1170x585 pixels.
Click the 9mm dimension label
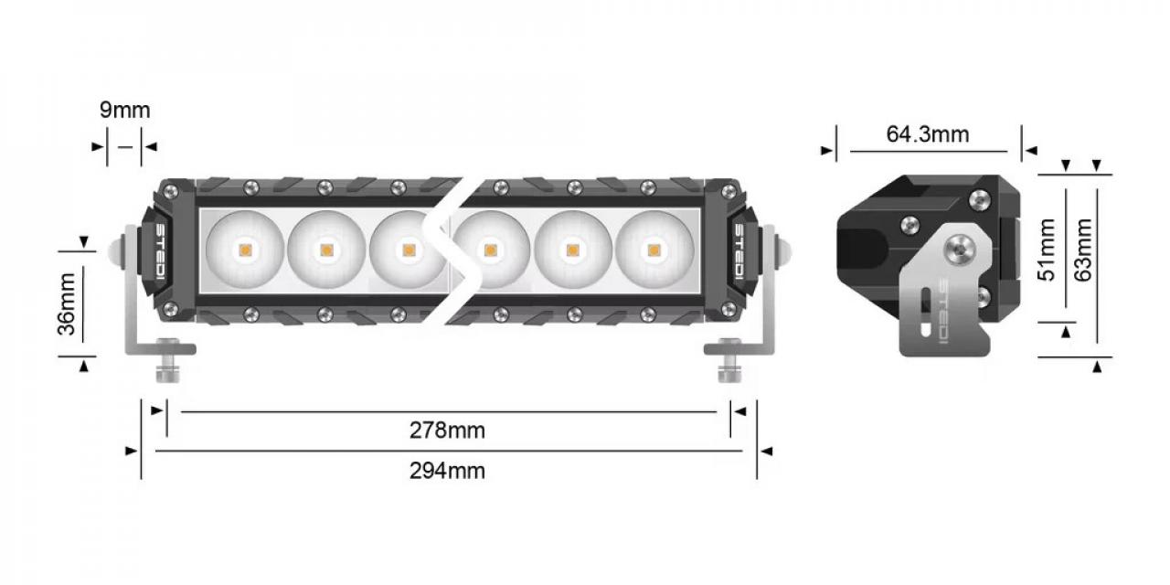[x=124, y=111]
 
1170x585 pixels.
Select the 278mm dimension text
[x=447, y=431]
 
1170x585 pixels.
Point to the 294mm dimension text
[x=447, y=471]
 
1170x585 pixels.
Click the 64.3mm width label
[x=927, y=134]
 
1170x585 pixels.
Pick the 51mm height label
[x=1048, y=249]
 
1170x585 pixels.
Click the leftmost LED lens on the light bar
[x=245, y=249]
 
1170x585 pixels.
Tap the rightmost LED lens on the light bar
[x=654, y=249]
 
